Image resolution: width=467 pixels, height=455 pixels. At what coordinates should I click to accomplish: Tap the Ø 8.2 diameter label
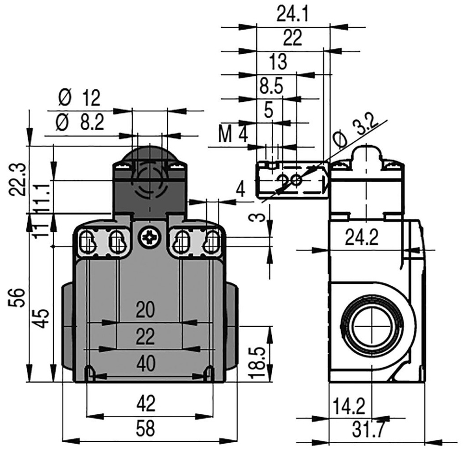79,122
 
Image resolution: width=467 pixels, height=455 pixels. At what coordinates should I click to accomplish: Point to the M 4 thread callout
233,134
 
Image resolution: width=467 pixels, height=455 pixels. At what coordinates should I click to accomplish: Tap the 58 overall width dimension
145,429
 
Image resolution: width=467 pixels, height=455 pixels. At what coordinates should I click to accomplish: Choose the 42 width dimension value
145,403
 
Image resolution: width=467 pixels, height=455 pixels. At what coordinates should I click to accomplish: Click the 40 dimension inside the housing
145,363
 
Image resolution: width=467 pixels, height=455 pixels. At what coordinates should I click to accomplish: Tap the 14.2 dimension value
349,405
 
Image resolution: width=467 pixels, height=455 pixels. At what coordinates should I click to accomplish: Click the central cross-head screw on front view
149,238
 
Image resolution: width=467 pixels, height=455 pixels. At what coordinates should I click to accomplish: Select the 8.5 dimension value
272,85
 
